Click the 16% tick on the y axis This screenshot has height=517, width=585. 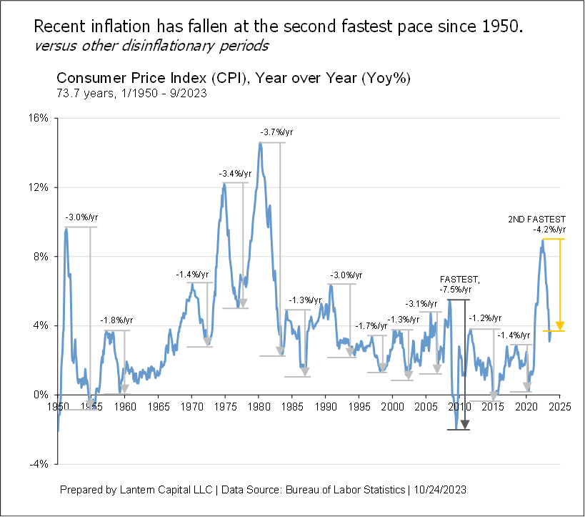point(37,118)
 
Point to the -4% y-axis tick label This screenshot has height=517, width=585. point(37,463)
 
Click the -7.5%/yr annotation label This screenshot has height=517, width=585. point(456,290)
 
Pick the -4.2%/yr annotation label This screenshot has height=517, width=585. point(549,230)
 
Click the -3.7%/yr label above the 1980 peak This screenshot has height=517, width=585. point(276,132)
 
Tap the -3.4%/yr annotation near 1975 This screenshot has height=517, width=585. point(235,173)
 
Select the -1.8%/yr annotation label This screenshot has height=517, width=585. point(116,320)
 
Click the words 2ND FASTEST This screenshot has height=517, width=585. point(536,220)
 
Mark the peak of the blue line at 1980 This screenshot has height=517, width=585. point(260,143)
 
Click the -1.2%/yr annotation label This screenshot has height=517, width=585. point(485,318)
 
